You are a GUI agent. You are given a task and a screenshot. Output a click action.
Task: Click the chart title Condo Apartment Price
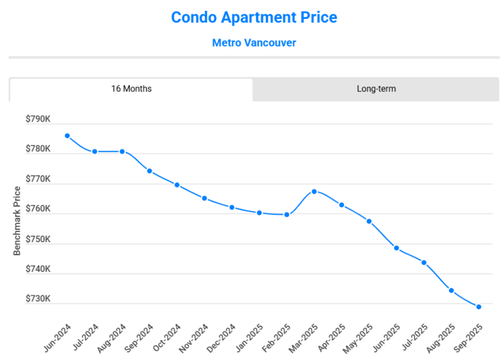254,17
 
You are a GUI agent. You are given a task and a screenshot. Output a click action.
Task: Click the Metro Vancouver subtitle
254,43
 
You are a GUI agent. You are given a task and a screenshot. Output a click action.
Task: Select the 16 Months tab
132,89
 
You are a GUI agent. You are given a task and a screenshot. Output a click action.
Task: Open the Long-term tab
376,89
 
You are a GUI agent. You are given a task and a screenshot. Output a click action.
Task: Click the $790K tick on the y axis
38,119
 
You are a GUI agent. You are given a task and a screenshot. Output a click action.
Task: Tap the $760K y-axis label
38,209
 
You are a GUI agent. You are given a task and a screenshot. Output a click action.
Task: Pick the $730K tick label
38,299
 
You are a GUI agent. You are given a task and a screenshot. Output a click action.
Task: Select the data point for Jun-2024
67,136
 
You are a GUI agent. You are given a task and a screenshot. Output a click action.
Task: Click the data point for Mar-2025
314,191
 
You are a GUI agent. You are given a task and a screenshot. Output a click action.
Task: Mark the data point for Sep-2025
479,307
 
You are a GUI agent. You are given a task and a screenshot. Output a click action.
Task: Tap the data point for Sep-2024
149,171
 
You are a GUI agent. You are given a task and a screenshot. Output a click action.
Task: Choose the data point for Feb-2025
287,215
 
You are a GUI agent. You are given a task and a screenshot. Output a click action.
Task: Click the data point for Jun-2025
397,248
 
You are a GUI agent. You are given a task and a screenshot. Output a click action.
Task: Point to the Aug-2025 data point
451,290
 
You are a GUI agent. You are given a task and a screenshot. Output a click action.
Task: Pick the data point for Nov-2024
204,198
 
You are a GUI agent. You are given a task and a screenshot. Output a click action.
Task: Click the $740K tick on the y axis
38,269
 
